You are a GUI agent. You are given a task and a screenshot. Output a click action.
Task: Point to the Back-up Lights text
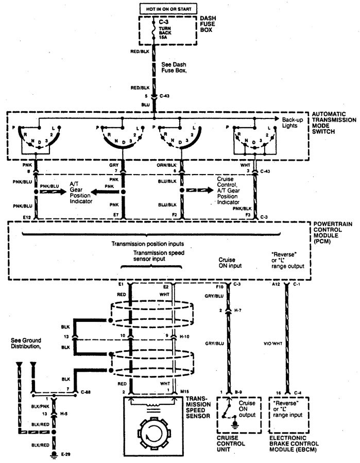(x=293, y=123)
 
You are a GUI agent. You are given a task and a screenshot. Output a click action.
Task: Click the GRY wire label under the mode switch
(x=114, y=166)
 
